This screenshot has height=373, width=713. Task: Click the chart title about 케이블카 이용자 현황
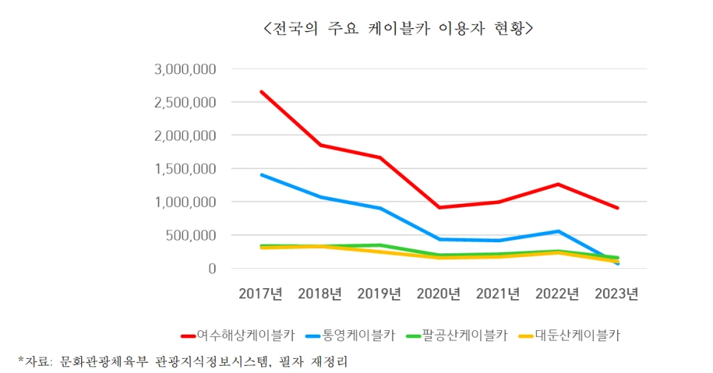397,30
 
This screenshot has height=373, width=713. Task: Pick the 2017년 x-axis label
261,294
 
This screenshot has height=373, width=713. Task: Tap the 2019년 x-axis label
379,294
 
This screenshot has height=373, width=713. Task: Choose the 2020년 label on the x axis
439,294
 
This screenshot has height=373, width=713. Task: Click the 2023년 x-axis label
617,294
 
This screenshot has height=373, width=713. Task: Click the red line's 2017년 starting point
261,92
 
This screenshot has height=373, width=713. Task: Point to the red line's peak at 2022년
558,184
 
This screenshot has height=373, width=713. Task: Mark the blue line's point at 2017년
261,174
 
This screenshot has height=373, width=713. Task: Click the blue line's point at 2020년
439,239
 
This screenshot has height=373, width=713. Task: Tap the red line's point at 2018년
320,145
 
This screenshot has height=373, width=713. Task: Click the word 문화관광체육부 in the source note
106,361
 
